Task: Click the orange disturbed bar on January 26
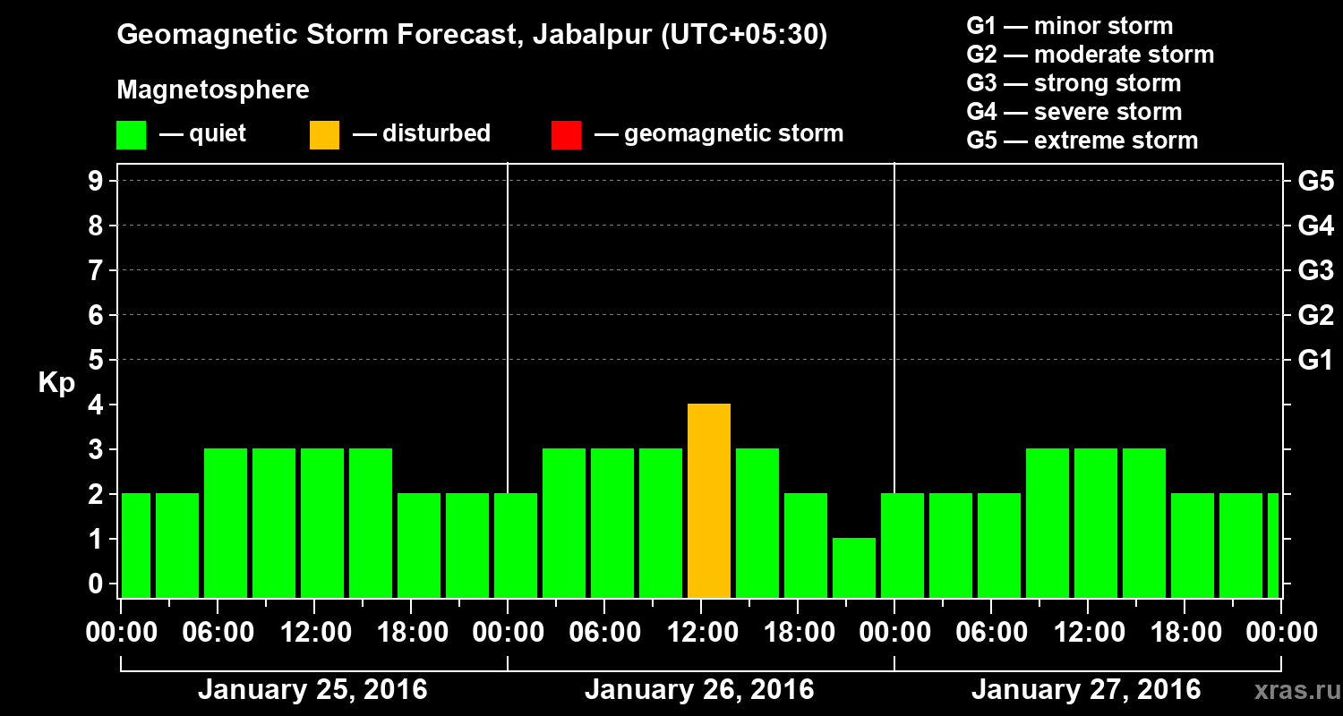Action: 709,501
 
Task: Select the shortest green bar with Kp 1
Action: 854,568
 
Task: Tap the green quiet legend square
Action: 131,135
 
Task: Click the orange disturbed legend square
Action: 325,135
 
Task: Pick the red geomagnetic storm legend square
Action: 566,135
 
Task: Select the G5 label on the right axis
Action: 1315,182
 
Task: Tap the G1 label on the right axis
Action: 1315,361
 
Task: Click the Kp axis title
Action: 56,383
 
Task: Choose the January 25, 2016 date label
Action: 312,690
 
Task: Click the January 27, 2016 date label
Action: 1086,690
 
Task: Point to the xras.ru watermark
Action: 1294,690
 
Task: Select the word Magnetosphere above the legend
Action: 213,90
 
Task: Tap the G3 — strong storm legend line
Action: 1074,83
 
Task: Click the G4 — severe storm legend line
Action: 1074,112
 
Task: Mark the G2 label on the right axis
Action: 1315,316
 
